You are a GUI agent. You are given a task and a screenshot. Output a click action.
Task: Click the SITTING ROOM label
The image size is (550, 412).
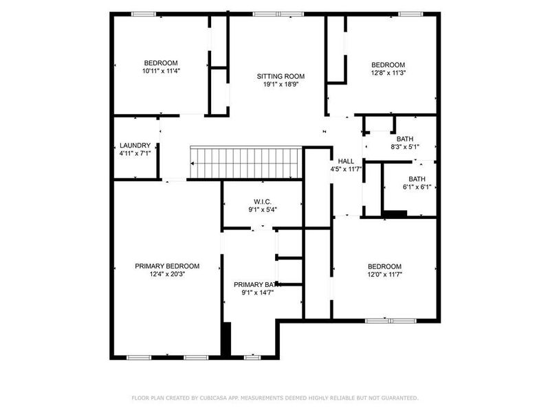click(280, 76)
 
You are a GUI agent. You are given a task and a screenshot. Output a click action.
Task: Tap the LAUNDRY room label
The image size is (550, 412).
click(135, 146)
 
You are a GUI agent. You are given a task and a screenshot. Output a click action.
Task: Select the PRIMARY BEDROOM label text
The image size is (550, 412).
click(167, 266)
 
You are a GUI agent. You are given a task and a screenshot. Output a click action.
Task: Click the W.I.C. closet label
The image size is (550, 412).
click(263, 202)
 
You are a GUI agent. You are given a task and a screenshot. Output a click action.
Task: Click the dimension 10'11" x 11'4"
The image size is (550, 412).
click(161, 71)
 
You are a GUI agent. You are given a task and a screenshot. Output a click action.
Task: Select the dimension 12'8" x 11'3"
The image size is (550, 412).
click(388, 73)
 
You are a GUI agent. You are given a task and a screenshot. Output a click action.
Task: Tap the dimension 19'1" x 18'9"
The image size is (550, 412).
click(280, 84)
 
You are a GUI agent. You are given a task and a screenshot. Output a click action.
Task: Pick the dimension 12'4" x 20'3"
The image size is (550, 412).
click(167, 275)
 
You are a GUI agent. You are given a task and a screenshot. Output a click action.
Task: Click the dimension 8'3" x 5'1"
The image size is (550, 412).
click(405, 146)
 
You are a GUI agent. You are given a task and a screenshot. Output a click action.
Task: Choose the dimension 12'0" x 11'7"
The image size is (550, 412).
click(384, 275)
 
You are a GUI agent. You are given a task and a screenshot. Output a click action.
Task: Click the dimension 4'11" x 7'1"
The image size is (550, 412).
click(135, 153)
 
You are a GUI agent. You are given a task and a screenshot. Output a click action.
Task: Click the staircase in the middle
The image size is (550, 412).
click(245, 163)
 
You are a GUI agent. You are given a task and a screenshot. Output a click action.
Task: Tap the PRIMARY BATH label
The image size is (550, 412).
click(258, 285)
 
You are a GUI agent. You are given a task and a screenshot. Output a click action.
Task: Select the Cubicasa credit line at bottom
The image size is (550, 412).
click(275, 398)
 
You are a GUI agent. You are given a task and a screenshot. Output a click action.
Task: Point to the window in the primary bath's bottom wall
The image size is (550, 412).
click(252, 357)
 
